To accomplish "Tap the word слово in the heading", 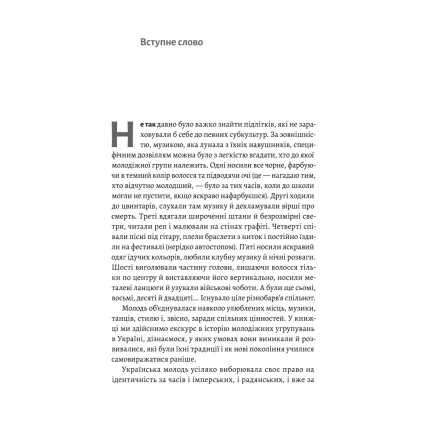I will point(190,42).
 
